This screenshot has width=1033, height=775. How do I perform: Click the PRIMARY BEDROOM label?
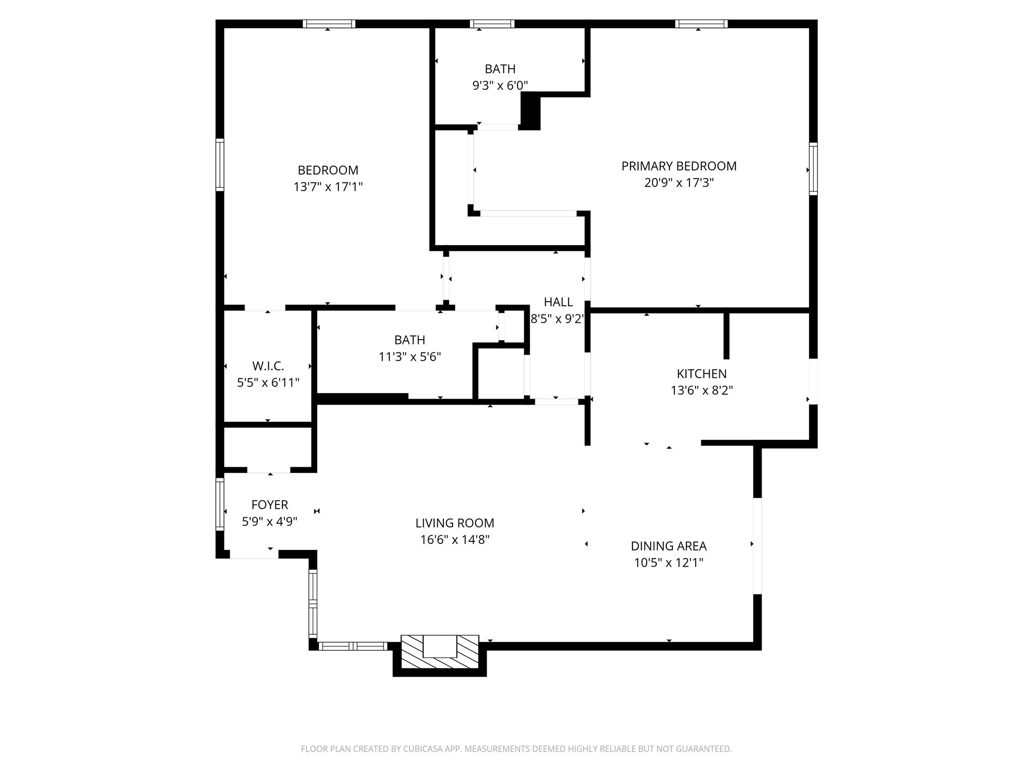[678, 166]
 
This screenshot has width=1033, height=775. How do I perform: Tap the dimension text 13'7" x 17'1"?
[328, 187]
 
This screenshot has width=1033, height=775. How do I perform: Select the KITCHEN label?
[701, 374]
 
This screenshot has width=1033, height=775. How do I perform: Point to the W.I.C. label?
[268, 366]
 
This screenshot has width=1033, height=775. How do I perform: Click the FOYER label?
[269, 505]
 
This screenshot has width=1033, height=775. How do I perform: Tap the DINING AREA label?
[668, 546]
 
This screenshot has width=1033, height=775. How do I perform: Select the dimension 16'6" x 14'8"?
[454, 540]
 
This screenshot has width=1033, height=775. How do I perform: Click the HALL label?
[558, 302]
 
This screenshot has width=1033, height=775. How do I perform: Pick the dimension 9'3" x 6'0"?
[500, 86]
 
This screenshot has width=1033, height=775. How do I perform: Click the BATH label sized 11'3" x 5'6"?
[410, 340]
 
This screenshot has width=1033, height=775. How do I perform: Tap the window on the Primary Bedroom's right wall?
[813, 169]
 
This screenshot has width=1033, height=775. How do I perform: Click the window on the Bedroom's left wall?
[220, 165]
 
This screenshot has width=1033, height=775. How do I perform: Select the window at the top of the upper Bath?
[492, 24]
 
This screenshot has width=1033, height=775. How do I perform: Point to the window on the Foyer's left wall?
[220, 504]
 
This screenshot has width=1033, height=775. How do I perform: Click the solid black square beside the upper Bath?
[530, 112]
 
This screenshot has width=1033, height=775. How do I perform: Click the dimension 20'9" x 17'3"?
[678, 183]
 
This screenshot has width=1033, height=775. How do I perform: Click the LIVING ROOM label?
[454, 523]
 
